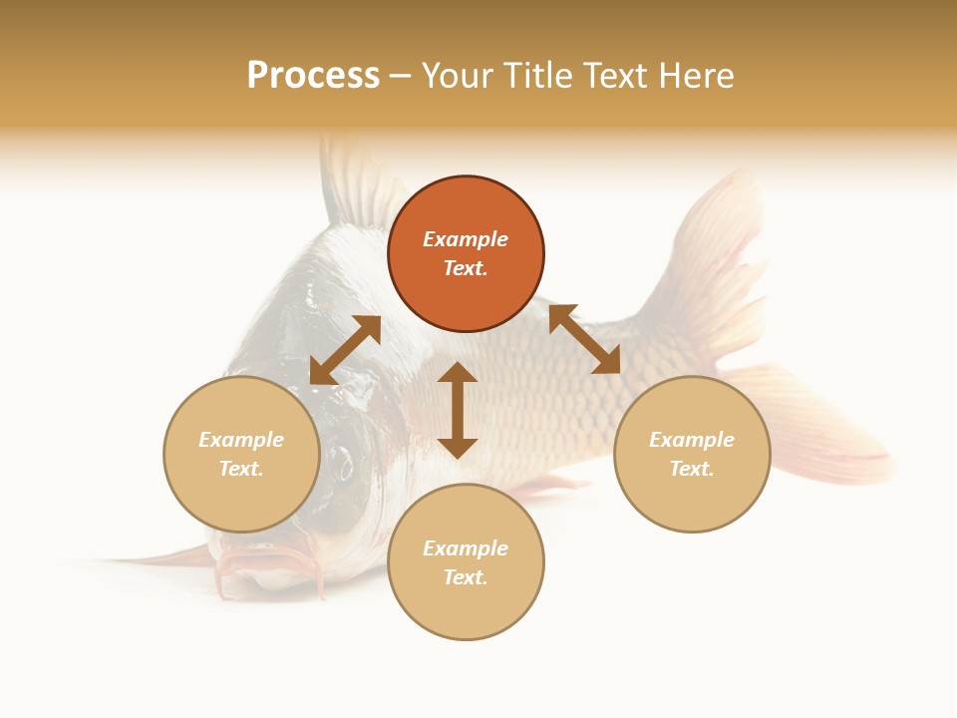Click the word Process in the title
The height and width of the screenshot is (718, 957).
(313, 76)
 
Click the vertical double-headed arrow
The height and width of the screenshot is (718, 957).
(458, 410)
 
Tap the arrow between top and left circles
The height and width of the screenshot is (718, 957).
(345, 350)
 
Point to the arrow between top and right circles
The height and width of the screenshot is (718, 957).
(584, 340)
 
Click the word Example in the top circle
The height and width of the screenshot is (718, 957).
(466, 239)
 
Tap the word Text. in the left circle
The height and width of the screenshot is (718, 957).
(241, 469)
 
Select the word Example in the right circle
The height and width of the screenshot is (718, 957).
(692, 440)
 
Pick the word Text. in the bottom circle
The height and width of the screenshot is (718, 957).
(466, 577)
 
